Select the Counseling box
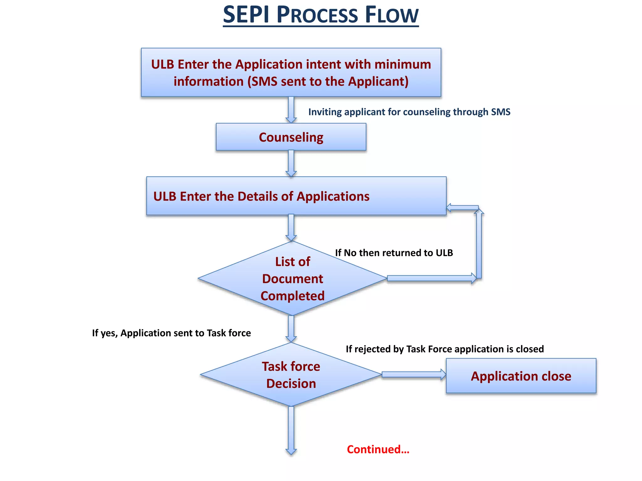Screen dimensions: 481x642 [291, 137]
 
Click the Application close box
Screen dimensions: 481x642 [521, 376]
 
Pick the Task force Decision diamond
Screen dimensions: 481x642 [291, 375]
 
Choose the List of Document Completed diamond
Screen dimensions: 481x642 [292, 278]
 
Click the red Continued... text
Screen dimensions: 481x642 [378, 449]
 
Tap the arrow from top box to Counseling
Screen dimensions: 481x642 [291, 110]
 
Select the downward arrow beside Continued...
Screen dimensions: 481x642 [291, 431]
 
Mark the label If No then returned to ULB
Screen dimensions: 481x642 [394, 253]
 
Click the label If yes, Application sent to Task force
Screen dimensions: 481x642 [171, 333]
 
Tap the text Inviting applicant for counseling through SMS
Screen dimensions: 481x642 [409, 112]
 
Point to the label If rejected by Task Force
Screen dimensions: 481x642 [445, 349]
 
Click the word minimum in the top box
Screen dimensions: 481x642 [403, 64]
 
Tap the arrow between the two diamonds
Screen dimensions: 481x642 [291, 329]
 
